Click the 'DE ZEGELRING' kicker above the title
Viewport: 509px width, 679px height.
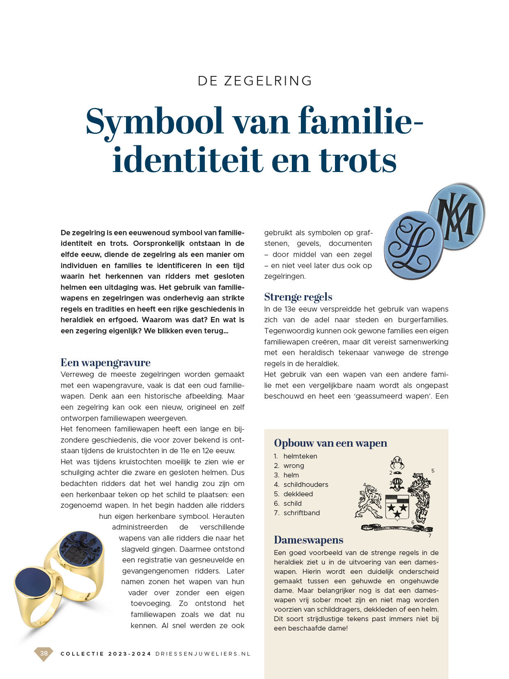[x=255, y=81]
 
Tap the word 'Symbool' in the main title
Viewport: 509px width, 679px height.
[x=154, y=122]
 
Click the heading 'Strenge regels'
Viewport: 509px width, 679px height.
[x=298, y=297]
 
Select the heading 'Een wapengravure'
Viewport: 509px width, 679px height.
[x=105, y=362]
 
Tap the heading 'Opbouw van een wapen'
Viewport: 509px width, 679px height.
[x=330, y=443]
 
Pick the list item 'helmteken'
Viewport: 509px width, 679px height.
[x=300, y=456]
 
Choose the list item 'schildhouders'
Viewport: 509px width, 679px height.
[x=305, y=484]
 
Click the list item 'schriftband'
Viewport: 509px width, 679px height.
[x=301, y=513]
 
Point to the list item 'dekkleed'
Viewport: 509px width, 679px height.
[x=298, y=494]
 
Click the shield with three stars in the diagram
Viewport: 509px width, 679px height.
[x=397, y=507]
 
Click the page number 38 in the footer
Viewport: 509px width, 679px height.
[x=44, y=654]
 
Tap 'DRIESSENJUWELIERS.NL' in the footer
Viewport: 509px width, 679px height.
[x=203, y=654]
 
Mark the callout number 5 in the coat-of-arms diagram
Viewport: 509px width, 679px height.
[x=433, y=470]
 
